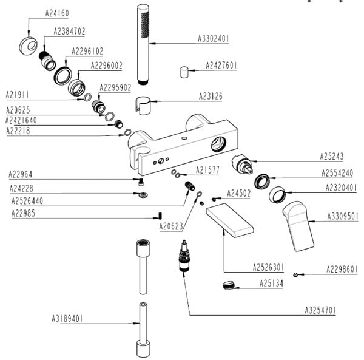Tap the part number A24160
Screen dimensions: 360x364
click(59, 12)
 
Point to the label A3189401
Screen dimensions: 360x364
click(67, 318)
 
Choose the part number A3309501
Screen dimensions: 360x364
click(343, 216)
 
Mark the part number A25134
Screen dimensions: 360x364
click(271, 283)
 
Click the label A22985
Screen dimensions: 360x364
click(25, 213)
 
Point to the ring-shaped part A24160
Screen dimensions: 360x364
click(31, 46)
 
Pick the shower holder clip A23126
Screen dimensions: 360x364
click(143, 104)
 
